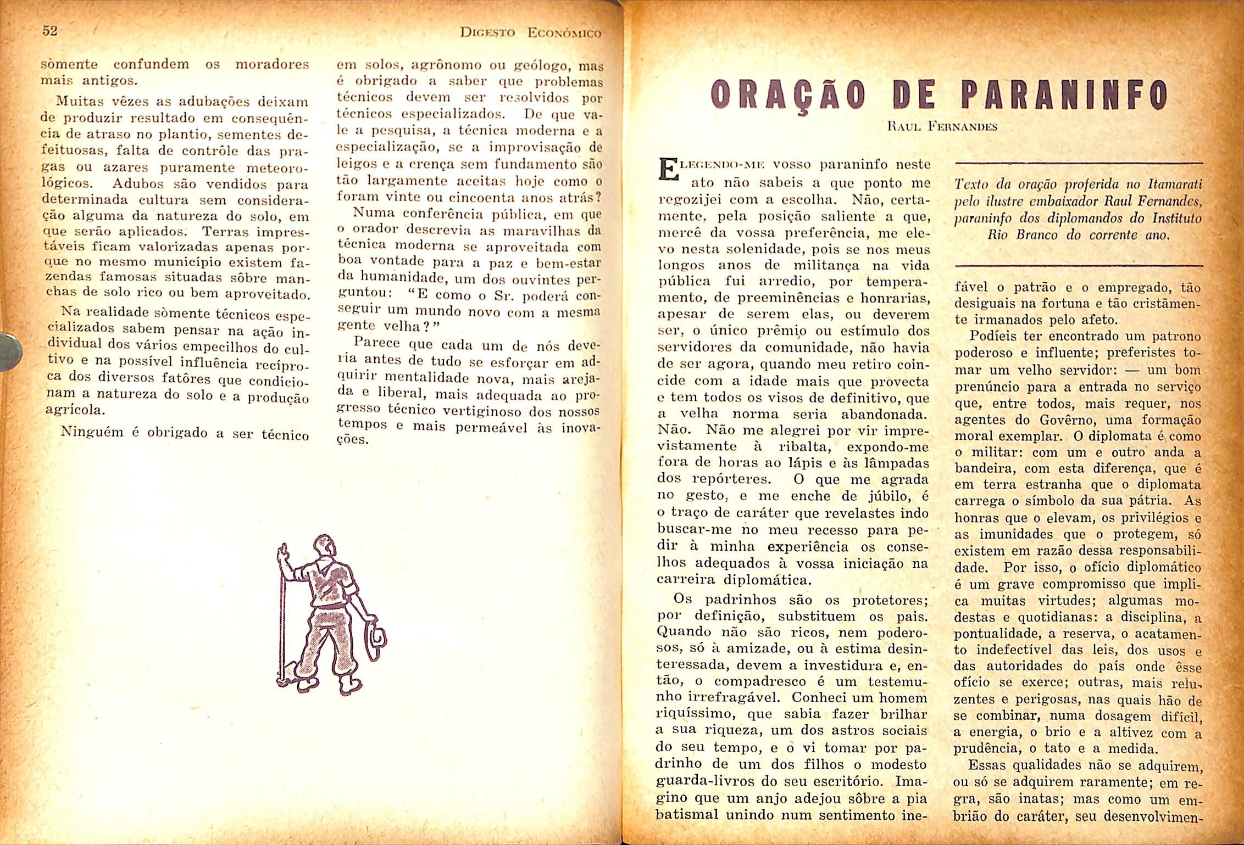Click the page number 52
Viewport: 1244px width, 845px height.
[50, 31]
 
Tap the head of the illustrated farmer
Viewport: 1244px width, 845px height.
[324, 547]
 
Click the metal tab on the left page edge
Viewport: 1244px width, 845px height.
[11, 350]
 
